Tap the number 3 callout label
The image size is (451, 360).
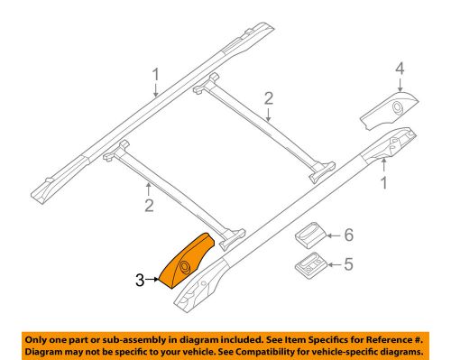[141, 282]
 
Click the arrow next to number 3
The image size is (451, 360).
[153, 282]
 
